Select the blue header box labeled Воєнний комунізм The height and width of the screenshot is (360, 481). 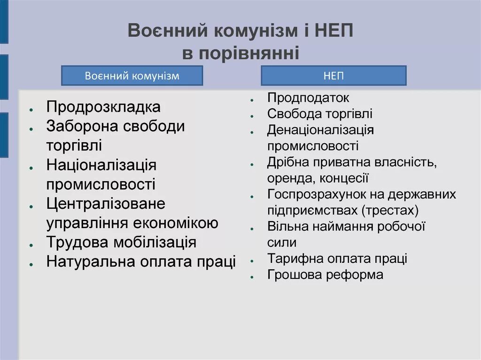(x=132, y=76)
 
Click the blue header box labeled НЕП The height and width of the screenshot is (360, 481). (x=334, y=76)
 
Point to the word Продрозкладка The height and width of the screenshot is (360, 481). (x=103, y=107)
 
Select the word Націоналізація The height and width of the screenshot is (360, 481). (x=101, y=165)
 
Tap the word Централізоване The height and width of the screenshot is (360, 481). (x=106, y=204)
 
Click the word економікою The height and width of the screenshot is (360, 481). (x=183, y=223)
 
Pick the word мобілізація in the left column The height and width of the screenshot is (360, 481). (x=155, y=243)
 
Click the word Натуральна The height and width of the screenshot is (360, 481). (x=89, y=262)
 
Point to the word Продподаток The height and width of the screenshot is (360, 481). (x=308, y=98)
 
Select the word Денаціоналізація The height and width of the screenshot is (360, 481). (x=320, y=130)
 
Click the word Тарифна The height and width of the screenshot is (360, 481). (x=293, y=259)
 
